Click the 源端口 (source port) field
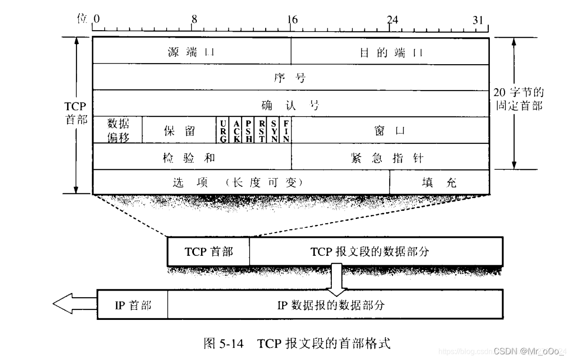192,51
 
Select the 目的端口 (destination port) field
390,51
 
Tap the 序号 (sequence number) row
291,77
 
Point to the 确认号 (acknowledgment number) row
291,103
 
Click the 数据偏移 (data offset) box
118,130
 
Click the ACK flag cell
236,130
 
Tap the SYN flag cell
274,130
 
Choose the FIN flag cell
286,130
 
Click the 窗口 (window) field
390,130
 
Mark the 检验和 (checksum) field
192,157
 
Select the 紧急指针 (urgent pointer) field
390,157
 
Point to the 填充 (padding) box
439,182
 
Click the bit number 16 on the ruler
293,19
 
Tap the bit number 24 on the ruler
392,19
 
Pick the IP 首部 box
133,305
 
